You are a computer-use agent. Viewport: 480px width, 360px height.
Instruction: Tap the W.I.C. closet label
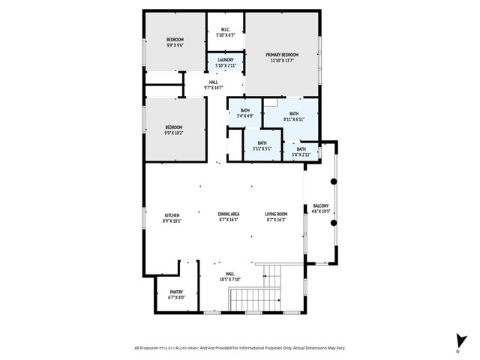pos(226,31)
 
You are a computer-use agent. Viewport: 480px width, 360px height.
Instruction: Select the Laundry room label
pos(226,60)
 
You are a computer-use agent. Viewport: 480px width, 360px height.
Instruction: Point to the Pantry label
pos(176,292)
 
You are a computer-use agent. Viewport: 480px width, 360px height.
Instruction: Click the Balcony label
pos(320,207)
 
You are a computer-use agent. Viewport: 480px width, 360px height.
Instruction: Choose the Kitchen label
pos(172,214)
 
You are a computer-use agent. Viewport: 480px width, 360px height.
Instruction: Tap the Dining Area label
pos(228,214)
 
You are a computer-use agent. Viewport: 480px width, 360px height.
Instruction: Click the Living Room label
pos(276,214)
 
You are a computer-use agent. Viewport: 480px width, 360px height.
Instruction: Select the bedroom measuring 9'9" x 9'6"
pos(174,40)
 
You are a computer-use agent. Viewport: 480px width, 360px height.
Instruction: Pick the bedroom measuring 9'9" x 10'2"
pos(174,128)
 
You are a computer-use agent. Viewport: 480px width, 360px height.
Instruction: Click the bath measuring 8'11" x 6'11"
pos(293,114)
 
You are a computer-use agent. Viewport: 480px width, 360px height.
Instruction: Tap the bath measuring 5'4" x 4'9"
pos(245,111)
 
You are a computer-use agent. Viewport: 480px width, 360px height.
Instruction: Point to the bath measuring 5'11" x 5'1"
pos(262,143)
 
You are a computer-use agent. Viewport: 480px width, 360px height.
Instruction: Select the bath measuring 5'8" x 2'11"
pos(301,149)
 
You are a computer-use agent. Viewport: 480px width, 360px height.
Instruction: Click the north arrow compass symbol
pos(457,342)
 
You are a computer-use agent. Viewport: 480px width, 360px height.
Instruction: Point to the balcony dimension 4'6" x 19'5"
pos(320,211)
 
